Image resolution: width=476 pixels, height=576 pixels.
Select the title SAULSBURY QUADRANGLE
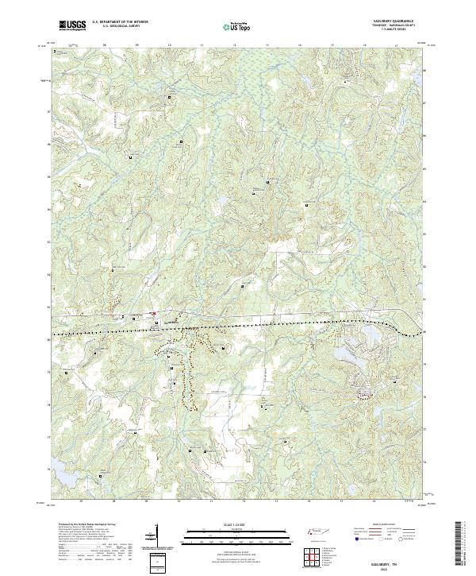coord(390,21)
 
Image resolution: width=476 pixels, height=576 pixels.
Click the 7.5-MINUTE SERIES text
coord(390,32)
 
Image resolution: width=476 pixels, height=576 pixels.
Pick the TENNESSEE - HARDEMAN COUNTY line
coord(390,27)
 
